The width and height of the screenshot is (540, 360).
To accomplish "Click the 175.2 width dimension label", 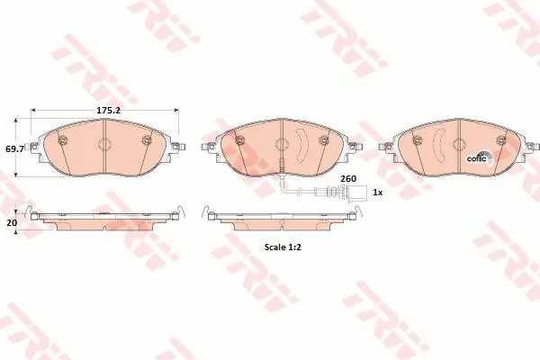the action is pos(108,110).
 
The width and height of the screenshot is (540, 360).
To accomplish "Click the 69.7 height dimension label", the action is pos(14,149).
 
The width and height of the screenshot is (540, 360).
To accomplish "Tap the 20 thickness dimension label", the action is pos(12,223).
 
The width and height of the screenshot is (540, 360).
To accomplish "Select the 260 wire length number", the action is pos(348,179).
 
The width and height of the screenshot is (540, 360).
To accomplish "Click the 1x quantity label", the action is pos(378,193).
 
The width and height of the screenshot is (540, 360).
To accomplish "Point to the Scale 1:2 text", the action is pos(283,247).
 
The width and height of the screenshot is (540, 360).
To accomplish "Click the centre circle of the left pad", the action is pos(104,144).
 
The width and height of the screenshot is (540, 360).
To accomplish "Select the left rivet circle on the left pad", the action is pos(63,139).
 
